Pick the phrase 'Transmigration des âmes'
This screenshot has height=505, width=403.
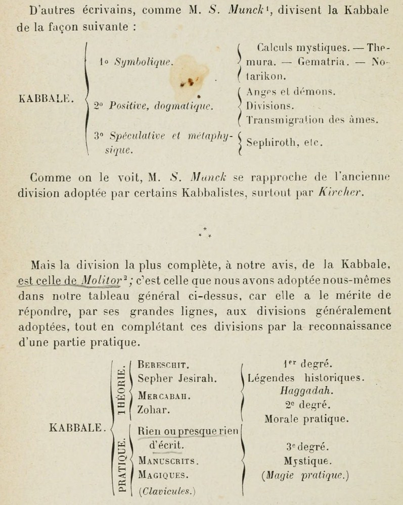(x=312, y=120)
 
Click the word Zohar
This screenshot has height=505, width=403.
(x=150, y=410)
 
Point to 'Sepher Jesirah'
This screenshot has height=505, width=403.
(x=170, y=377)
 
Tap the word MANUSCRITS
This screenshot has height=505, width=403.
(x=168, y=461)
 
